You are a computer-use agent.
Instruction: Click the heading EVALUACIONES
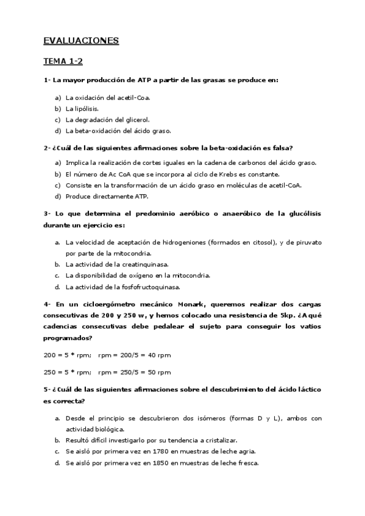click(x=81, y=41)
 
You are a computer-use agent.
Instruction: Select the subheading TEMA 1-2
click(x=63, y=62)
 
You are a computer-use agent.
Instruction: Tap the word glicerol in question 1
click(x=136, y=119)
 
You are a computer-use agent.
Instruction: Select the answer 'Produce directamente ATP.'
click(x=106, y=196)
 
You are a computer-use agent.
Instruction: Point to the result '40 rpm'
click(x=159, y=355)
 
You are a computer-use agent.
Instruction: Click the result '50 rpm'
click(x=159, y=372)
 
